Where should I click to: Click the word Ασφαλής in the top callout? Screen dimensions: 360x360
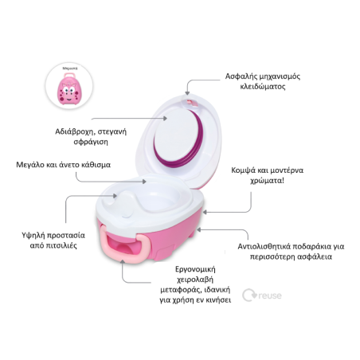point(240,76)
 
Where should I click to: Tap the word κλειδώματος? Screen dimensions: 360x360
point(263,87)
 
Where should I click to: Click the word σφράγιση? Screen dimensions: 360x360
point(91,142)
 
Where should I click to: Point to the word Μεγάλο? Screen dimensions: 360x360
point(30,165)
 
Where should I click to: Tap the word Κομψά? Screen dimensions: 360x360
point(243,170)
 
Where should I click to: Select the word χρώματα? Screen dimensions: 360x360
point(267,181)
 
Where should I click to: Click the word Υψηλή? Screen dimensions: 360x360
point(33,235)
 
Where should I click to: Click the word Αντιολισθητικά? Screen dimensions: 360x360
point(264,246)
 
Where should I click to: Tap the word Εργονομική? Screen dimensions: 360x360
point(195,269)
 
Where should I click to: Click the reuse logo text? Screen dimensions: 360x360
point(270,295)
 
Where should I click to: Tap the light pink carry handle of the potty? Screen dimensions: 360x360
point(123,244)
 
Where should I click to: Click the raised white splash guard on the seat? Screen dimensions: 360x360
point(124,204)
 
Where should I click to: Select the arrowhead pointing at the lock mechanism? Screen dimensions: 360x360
point(187,93)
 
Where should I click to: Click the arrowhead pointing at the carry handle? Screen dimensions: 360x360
point(123,262)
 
